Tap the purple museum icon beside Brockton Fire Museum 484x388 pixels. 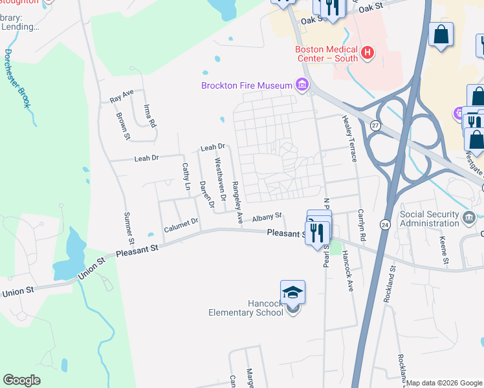pos(301,85)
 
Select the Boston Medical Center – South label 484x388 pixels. pos(326,54)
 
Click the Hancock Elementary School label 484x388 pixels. pos(246,308)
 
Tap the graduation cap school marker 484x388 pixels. pos(292,293)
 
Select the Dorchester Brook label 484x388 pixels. pos(16,80)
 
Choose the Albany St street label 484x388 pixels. pos(267,217)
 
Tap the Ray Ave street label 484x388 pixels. pos(122,96)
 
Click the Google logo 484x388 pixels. pos(22,380)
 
